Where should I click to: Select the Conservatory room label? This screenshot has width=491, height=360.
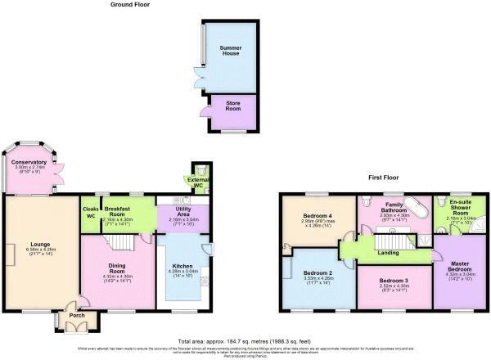click(x=29, y=162)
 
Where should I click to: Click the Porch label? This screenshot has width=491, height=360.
click(x=77, y=315)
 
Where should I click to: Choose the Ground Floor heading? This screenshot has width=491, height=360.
click(x=132, y=5)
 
